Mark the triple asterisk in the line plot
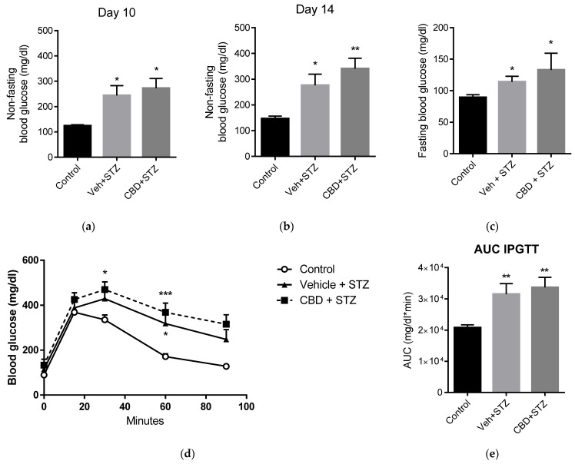(x=165, y=293)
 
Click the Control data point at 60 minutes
(x=165, y=356)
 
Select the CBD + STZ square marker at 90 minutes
(x=226, y=324)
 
